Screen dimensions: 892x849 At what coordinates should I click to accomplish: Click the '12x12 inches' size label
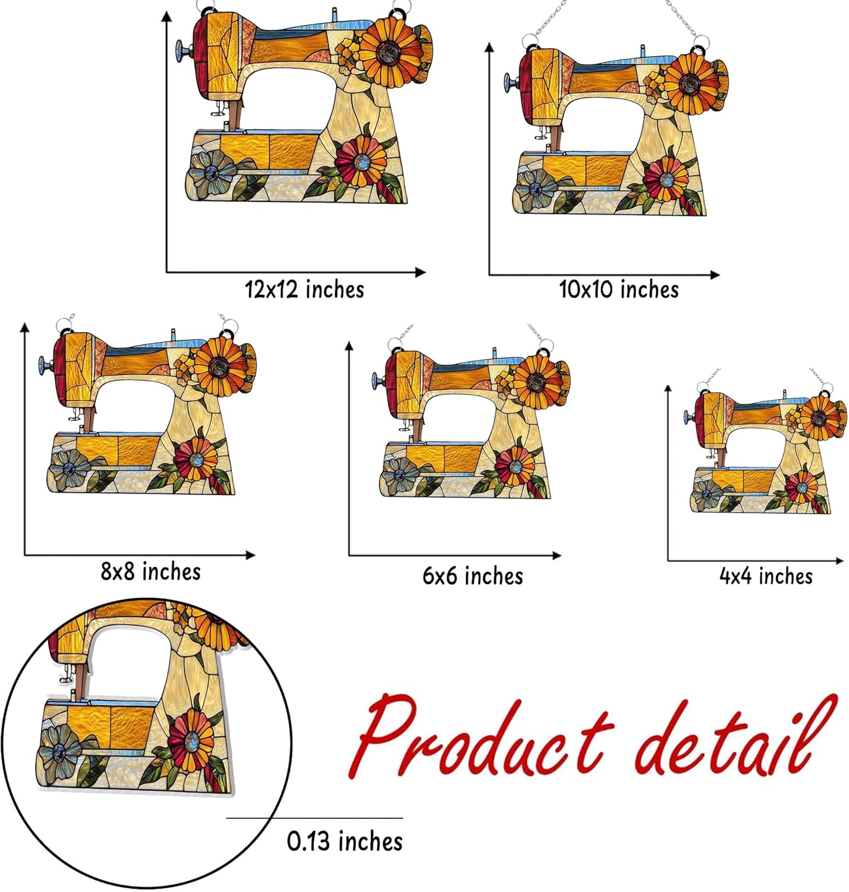[x=304, y=290]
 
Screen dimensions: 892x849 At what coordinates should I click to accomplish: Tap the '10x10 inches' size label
[x=619, y=290]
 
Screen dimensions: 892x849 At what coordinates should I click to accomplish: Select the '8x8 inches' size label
[x=150, y=571]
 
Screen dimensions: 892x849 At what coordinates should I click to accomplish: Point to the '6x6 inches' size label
[x=473, y=576]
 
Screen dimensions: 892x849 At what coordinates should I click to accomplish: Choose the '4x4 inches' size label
[x=766, y=576]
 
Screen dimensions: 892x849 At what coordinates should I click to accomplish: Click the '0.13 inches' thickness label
[x=345, y=841]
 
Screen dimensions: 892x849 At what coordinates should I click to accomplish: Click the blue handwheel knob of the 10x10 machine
[x=509, y=81]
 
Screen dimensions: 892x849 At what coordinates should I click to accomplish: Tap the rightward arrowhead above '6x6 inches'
[x=556, y=555]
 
